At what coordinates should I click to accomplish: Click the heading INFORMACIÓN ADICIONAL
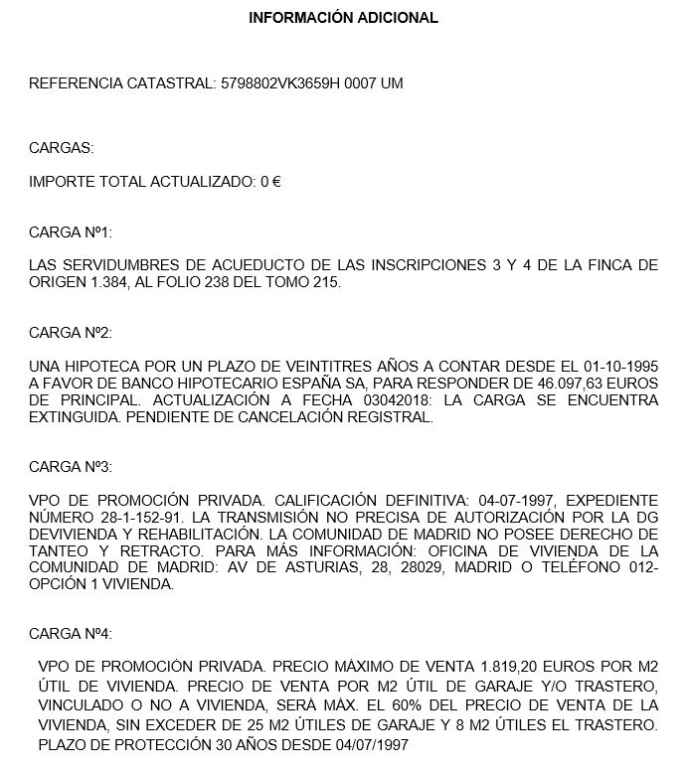point(343,18)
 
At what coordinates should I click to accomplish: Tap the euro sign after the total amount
point(276,182)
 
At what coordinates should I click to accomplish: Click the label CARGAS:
point(62,148)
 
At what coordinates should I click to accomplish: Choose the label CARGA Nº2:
point(71,332)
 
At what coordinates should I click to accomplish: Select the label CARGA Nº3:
point(71,466)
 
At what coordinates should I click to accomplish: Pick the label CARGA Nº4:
point(71,633)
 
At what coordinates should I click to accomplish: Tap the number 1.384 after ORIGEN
point(99,282)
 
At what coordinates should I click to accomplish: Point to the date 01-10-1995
point(617,367)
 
